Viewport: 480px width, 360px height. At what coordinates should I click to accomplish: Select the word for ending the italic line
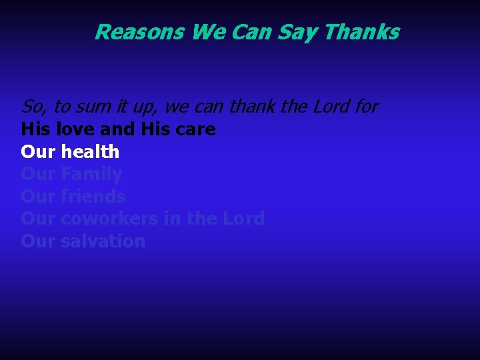pos(366,107)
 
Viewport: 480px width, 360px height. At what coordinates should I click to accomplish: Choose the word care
pos(194,129)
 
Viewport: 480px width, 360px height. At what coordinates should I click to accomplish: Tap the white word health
pos(90,152)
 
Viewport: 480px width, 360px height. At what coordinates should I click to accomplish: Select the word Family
pos(91,175)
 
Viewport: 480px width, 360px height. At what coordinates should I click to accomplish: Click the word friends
pos(93,197)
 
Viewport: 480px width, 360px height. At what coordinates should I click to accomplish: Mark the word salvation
pos(103,241)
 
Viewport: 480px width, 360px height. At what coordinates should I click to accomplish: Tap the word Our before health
pos(38,152)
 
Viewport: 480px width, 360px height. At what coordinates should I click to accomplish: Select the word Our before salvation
pos(38,241)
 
